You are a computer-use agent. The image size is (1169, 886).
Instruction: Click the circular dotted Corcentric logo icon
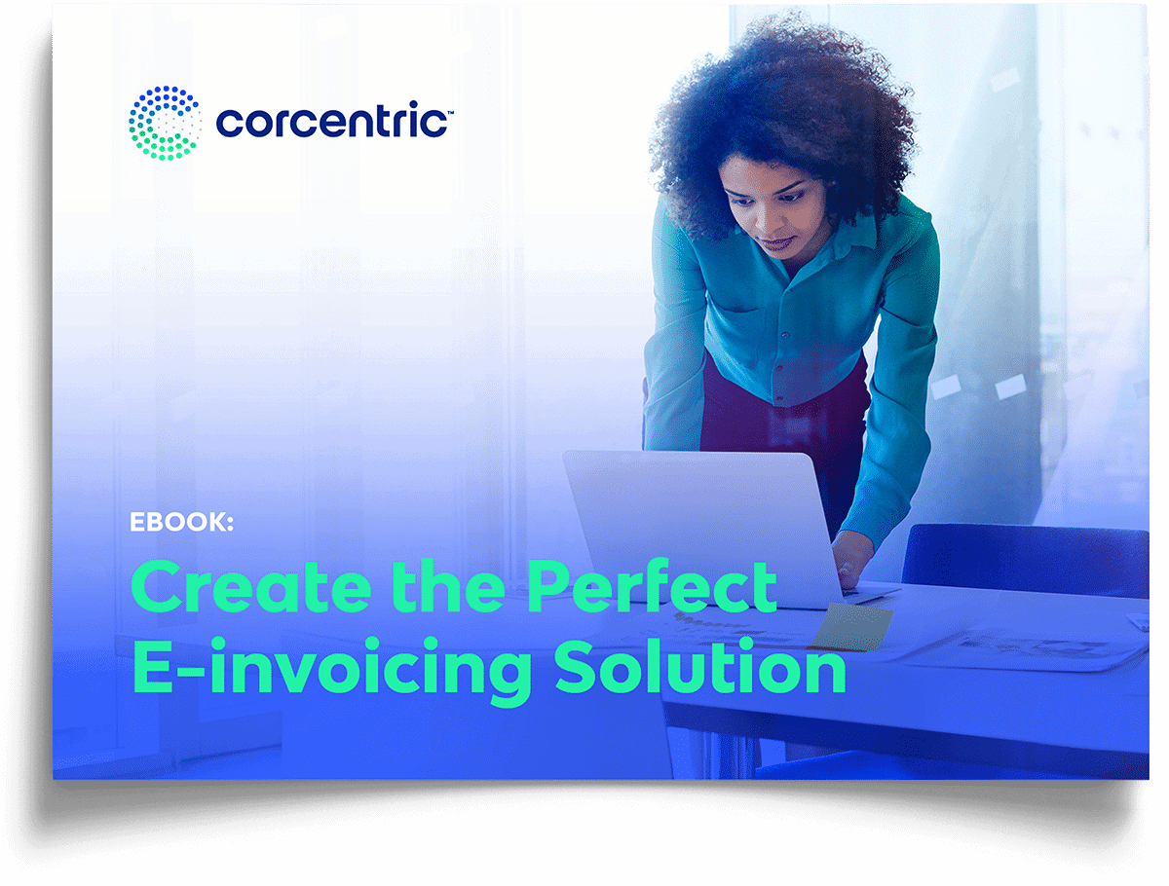(165, 123)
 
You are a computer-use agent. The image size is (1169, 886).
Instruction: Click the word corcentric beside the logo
(332, 121)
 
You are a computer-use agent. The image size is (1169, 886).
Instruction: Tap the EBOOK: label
(181, 522)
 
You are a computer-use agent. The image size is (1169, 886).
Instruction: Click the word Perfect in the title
(652, 586)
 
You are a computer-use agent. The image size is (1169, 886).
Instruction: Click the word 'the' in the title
(448, 586)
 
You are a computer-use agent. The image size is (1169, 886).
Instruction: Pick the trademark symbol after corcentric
(450, 112)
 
